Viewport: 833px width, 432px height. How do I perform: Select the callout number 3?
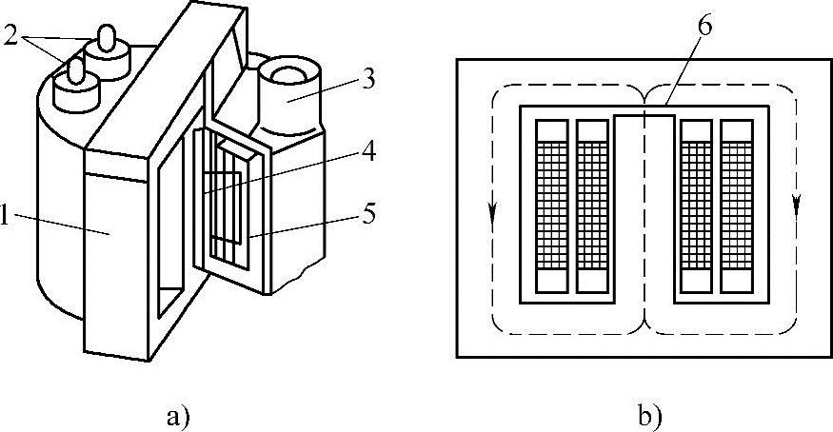pos(367,81)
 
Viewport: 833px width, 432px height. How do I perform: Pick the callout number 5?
pos(367,214)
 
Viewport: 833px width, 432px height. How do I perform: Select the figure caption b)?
pos(646,415)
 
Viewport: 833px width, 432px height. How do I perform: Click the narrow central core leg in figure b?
pos(645,209)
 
